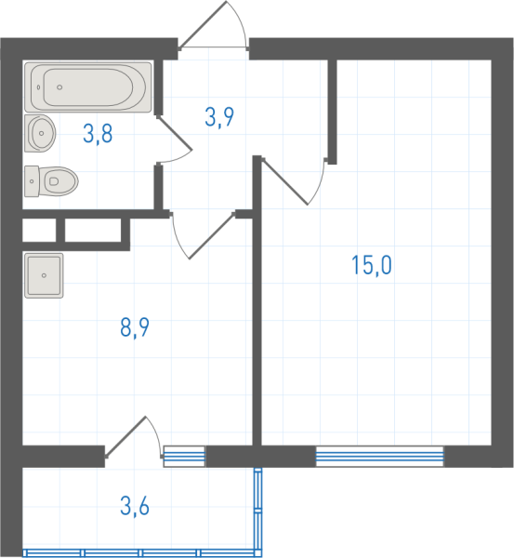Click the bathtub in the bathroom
(88, 87)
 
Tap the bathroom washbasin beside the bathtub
(40, 133)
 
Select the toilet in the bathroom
(51, 181)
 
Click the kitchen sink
(44, 275)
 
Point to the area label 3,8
(98, 134)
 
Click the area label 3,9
(219, 117)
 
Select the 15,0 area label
(372, 265)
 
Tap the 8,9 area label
(135, 327)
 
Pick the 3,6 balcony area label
(135, 506)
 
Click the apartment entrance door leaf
(203, 24)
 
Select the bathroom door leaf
(175, 132)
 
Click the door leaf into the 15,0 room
(285, 182)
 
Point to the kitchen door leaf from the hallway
(212, 235)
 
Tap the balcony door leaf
(125, 436)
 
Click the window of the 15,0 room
(380, 457)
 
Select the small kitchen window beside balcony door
(184, 457)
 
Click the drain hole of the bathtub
(59, 87)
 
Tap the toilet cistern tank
(32, 181)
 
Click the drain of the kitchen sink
(44, 275)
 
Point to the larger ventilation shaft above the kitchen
(93, 231)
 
